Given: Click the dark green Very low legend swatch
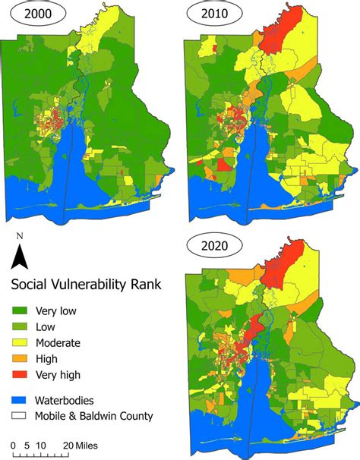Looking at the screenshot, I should coord(23,310).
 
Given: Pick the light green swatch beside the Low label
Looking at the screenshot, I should coord(23,326).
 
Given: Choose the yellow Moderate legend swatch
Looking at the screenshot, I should coord(23,342).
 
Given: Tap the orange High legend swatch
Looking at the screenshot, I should coord(23,358).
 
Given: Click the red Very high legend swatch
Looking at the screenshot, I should coord(23,374).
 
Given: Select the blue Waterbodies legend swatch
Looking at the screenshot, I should coord(23,400).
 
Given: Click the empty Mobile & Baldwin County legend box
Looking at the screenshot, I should coord(23,416).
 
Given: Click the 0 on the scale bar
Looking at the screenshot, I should coord(13,444).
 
